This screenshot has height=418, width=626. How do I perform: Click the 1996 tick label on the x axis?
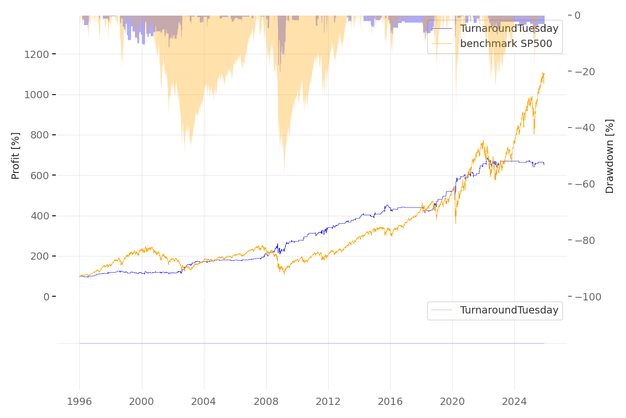79,401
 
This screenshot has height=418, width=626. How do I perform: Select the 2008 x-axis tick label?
266,401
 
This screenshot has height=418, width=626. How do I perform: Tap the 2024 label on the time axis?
514,401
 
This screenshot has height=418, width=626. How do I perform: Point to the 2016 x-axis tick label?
390,401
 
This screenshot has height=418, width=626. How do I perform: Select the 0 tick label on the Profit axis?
46,297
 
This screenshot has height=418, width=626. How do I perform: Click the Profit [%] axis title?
16,156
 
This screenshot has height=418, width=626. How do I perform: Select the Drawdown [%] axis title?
609,156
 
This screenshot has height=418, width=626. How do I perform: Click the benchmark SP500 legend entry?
505,43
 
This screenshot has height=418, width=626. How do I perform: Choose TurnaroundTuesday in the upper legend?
509,29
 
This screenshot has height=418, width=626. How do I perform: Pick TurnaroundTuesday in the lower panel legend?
509,310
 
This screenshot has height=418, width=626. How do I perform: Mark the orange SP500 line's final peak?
543,73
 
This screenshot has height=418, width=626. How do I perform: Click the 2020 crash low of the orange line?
455,223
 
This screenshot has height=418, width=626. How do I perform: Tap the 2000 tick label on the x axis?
142,401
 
